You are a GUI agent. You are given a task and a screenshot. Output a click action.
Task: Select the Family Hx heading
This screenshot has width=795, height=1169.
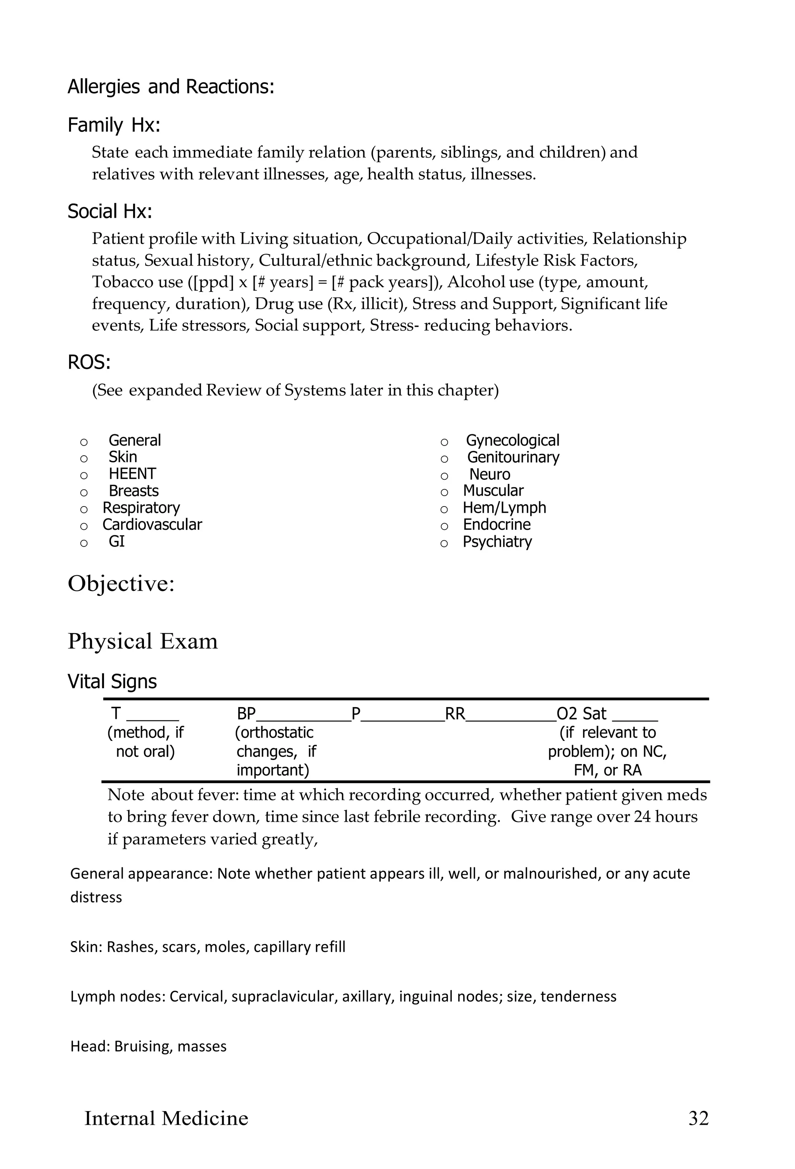[114, 125]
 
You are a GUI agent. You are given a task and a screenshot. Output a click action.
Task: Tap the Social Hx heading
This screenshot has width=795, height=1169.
[110, 212]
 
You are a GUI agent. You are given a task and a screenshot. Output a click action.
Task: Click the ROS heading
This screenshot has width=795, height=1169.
[89, 362]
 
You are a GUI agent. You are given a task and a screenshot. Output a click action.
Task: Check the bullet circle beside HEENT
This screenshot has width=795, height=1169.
[84, 476]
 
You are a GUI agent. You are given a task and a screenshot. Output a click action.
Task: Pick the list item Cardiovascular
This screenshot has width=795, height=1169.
[152, 525]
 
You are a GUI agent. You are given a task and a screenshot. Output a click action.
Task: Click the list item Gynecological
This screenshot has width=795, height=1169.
[512, 441]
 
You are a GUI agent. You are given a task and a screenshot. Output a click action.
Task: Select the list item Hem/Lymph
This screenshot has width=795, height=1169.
[504, 508]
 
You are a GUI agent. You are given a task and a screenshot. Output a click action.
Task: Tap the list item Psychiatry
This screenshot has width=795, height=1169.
[497, 542]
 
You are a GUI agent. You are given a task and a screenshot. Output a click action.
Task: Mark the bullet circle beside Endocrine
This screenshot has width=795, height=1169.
[444, 527]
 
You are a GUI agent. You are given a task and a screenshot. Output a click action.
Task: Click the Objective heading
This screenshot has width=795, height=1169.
[121, 584]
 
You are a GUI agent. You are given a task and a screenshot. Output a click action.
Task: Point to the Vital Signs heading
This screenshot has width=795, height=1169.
[112, 682]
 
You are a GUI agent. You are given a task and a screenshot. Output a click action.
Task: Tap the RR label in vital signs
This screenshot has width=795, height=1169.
[455, 714]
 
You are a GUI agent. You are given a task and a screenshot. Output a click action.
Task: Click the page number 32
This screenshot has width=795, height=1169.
[698, 1118]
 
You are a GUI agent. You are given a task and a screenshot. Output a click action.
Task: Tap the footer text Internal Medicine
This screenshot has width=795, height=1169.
[166, 1118]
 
